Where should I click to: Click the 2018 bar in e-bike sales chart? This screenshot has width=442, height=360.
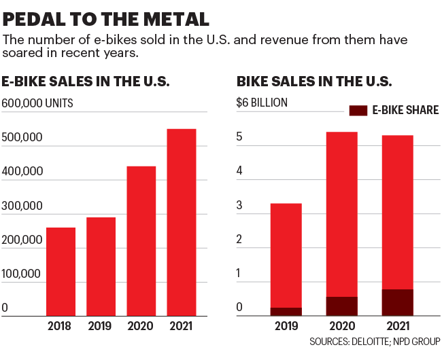61,271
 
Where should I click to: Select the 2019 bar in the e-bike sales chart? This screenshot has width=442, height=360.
101,266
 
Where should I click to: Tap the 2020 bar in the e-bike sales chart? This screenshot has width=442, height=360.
141,240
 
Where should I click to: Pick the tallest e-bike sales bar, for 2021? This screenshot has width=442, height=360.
182,222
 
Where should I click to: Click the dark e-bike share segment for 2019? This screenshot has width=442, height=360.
286,312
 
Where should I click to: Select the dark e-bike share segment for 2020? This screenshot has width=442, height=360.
342,306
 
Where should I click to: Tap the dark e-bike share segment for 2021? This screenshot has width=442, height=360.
397,302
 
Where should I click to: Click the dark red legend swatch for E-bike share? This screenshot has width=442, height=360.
358,110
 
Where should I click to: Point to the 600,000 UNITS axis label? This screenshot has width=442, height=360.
37,103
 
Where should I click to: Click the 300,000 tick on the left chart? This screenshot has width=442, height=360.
22,206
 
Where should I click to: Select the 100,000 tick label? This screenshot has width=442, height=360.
22,274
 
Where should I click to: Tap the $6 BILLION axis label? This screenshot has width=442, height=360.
262,103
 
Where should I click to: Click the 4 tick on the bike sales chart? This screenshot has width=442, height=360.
239,171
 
